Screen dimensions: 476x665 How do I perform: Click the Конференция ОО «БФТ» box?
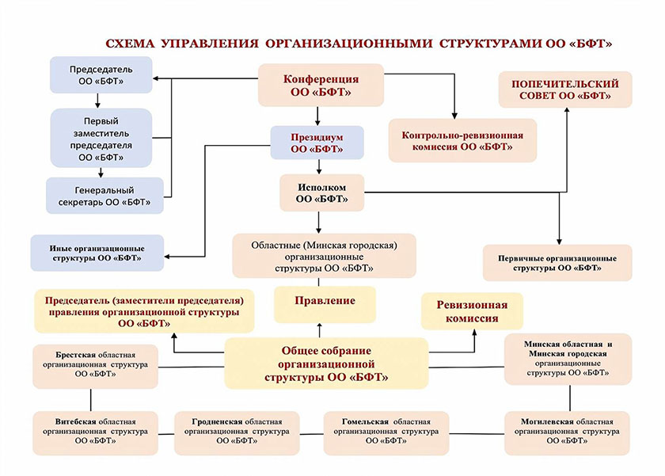pos(321,86)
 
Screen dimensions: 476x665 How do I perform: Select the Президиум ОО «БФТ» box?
pos(317,143)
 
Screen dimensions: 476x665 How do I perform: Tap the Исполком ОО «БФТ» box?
pos(321,192)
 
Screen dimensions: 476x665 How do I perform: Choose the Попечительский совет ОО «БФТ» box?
pos(564,89)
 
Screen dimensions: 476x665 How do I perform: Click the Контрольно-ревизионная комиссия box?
pos(462,141)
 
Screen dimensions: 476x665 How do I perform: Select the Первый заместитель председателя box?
pos(101,139)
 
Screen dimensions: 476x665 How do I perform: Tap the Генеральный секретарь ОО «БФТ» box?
pos(104,196)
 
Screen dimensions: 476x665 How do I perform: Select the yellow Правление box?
pos(325,302)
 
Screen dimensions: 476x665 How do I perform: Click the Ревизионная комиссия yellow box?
pos(470,311)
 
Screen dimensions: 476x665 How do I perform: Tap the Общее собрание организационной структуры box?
pos(326,364)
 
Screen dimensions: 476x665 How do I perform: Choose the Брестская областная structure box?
pos(95,366)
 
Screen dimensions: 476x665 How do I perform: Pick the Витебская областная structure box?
pos(95,433)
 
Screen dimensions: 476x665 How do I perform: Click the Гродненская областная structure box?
pos(237,433)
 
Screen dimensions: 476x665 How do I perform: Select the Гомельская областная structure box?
pos(386,433)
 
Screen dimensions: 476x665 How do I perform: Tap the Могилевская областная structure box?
pos(567,433)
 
